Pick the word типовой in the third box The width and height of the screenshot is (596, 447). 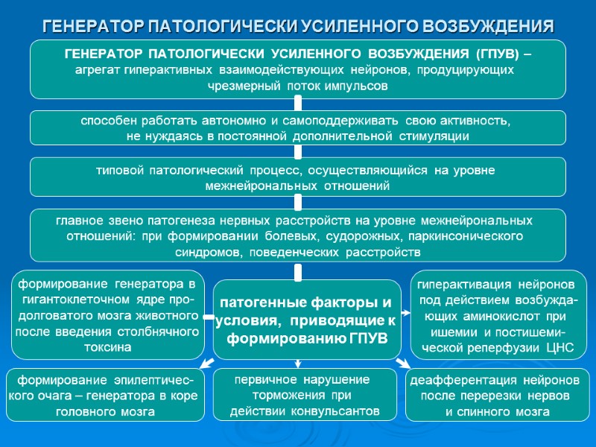121,171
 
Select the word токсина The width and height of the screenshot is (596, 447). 107,347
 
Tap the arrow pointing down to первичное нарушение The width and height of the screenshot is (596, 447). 298,364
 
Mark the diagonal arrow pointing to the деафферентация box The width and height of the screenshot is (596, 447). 403,363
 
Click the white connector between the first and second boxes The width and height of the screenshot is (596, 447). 298,105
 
